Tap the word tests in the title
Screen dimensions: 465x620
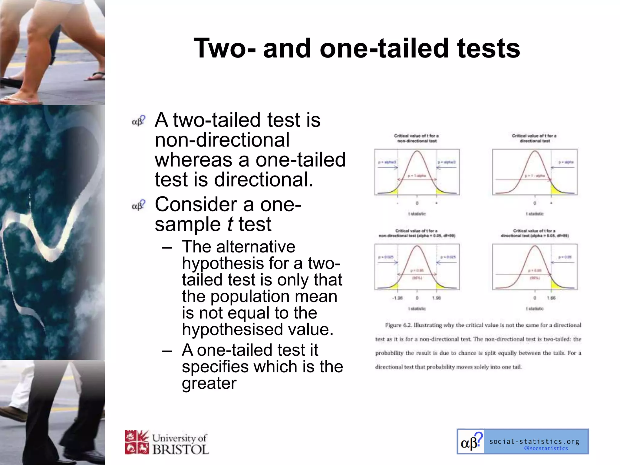point(489,48)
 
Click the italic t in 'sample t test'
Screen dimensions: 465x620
point(230,224)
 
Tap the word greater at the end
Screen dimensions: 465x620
point(209,383)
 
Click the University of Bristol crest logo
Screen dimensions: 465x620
point(137,442)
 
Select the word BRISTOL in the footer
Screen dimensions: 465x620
point(181,449)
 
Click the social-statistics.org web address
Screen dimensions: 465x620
point(534,441)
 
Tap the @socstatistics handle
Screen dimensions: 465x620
point(546,448)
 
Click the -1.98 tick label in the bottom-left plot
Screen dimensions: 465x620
point(397,298)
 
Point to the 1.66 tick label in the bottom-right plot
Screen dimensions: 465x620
point(551,298)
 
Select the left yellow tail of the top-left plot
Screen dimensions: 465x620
point(393,191)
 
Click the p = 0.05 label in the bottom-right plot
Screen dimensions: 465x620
point(565,257)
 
